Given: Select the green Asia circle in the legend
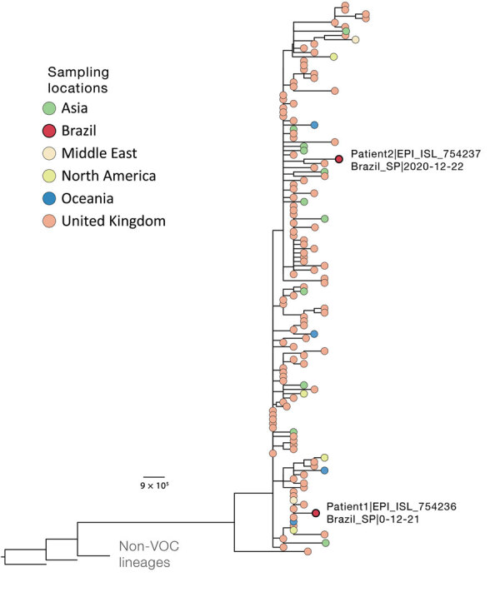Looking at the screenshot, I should (x=51, y=107).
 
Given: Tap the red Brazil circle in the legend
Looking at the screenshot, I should (x=51, y=130).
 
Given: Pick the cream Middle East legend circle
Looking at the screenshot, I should (x=51, y=153).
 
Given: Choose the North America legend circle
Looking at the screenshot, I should (x=51, y=176).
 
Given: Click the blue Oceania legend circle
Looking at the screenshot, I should (x=51, y=198).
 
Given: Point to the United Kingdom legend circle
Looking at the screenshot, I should (x=51, y=221).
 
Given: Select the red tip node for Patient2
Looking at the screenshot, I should (x=339, y=159).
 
